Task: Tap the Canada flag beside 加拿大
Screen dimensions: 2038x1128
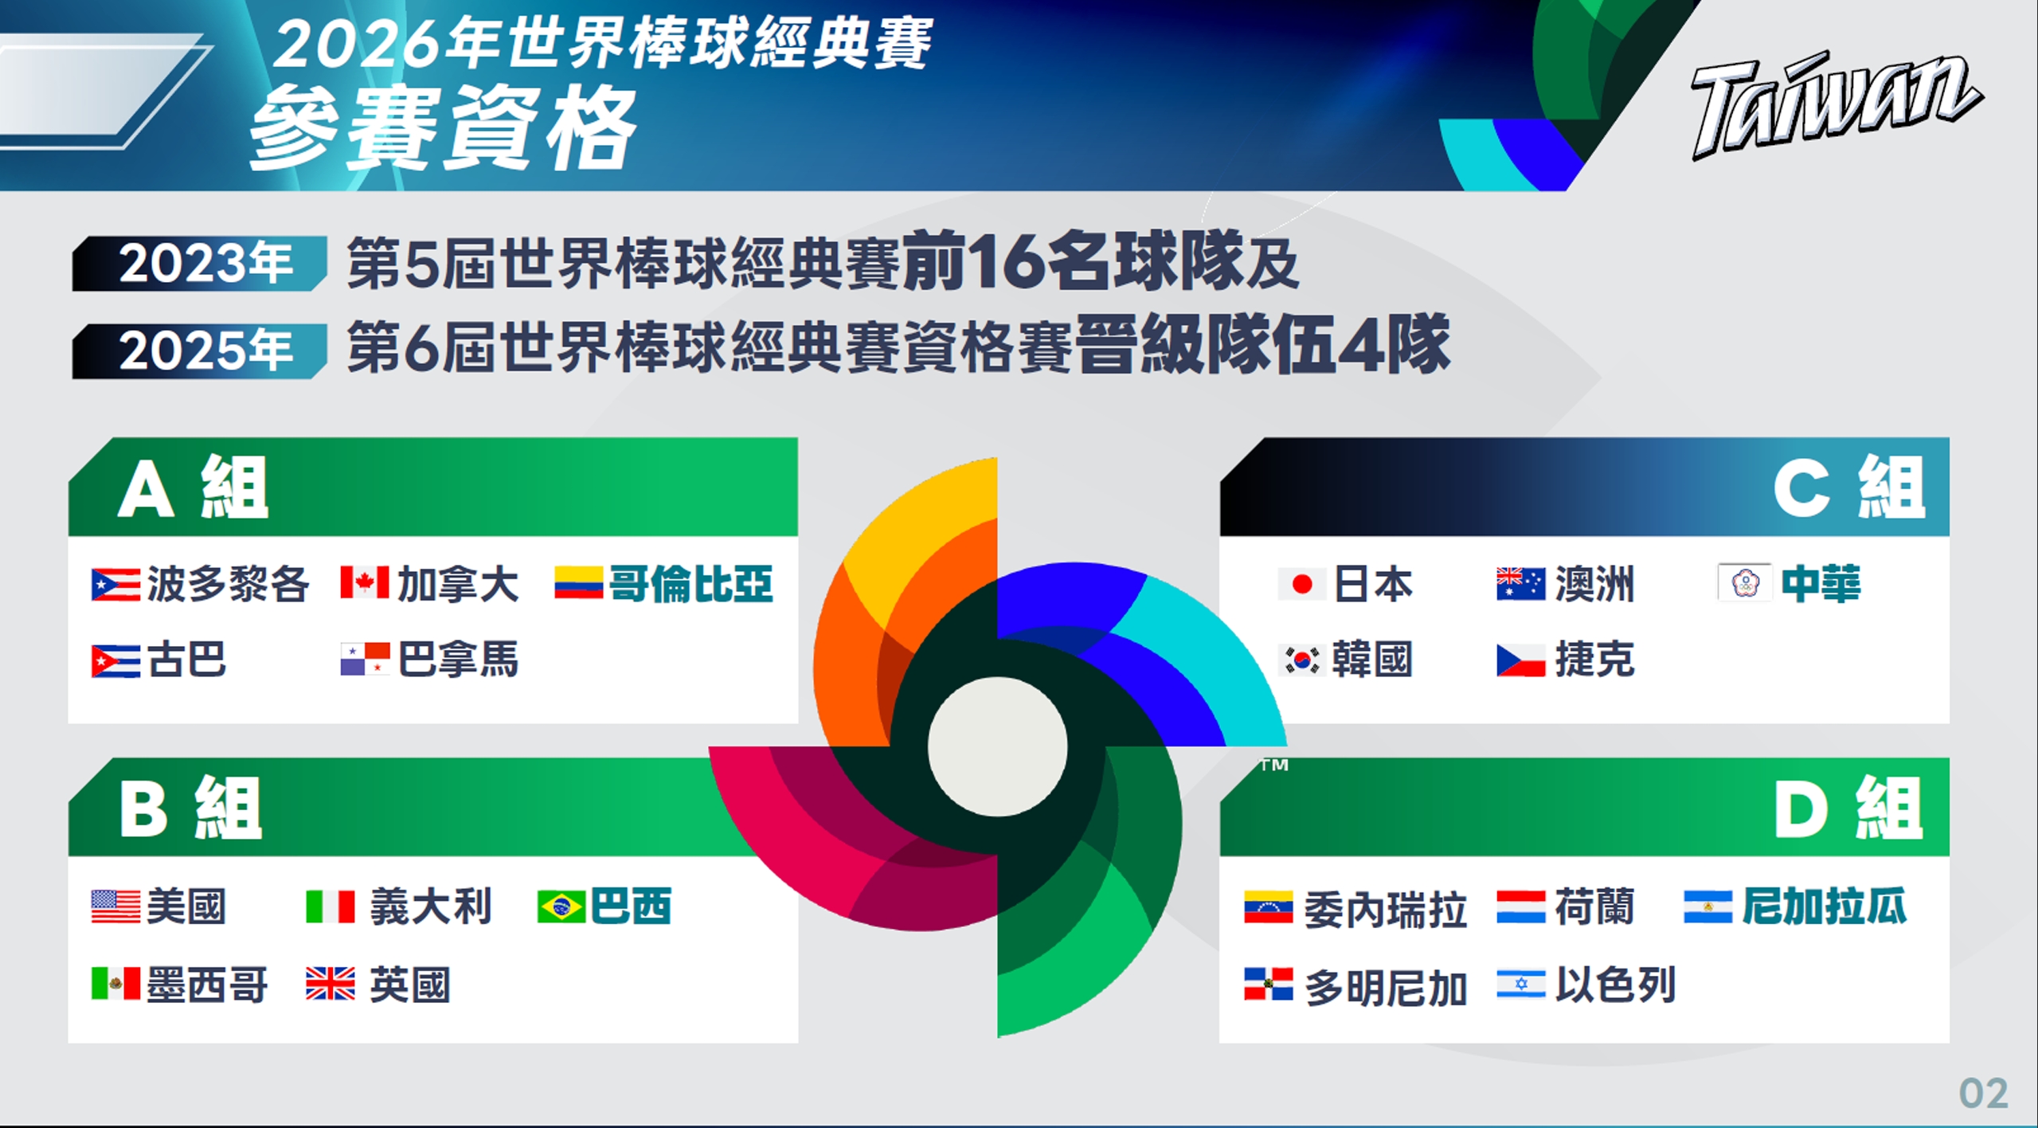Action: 365,582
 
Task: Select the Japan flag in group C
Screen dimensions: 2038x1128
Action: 1302,584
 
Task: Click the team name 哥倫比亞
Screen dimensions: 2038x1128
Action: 691,584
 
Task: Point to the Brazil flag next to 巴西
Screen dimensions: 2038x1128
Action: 561,907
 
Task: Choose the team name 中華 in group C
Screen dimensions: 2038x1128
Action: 1821,584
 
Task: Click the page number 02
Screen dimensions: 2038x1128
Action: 1983,1093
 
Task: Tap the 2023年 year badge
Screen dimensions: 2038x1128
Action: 199,263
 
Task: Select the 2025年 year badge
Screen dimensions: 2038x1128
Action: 199,351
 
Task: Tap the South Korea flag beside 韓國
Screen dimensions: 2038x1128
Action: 1302,660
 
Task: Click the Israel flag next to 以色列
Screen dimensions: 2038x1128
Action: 1521,984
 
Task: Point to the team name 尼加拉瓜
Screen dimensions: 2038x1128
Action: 1825,907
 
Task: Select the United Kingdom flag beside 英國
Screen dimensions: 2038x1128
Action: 331,984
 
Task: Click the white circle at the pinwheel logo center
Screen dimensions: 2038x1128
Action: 998,746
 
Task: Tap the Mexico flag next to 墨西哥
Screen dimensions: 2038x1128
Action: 115,984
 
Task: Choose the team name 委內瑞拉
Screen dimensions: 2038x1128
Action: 1386,909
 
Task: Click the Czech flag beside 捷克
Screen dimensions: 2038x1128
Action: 1521,660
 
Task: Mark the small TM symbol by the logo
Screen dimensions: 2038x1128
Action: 1274,765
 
